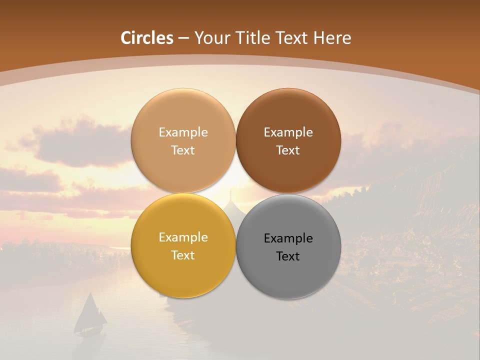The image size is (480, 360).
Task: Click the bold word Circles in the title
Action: coord(147,38)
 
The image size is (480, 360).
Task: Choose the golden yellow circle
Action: coord(183,270)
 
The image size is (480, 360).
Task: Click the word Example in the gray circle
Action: coord(288,238)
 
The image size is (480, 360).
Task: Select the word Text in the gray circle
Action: coord(288,256)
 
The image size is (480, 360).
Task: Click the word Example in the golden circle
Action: coord(183,237)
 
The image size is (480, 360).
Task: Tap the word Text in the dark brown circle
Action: coord(288,150)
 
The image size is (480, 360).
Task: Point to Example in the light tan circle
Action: coord(183,132)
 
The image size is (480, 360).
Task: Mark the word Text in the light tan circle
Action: coord(183,150)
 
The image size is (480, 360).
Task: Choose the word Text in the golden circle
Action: coord(183,255)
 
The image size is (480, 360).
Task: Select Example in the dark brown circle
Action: coord(288,132)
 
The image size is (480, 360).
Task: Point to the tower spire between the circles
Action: coord(230,196)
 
